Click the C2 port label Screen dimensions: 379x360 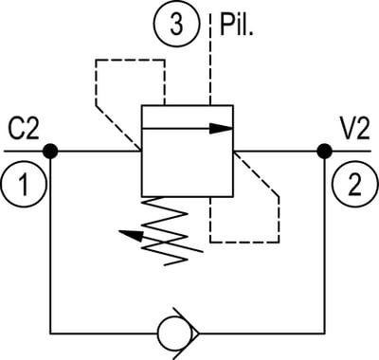pos(24,129)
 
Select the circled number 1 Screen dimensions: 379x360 pos(24,184)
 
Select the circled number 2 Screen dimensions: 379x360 pos(355,184)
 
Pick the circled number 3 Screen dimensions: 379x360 pos(177,25)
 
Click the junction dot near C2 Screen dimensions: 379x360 pos(50,151)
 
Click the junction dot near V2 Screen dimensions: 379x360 pos(325,151)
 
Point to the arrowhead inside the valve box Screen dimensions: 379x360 pos(221,129)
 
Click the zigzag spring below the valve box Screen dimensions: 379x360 pos(165,231)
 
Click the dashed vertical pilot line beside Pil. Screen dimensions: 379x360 pos(210,59)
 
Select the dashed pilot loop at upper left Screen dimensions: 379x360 pos(96,82)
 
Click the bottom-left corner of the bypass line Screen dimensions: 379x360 pos(50,333)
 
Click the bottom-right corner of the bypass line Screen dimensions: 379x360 pos(325,333)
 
